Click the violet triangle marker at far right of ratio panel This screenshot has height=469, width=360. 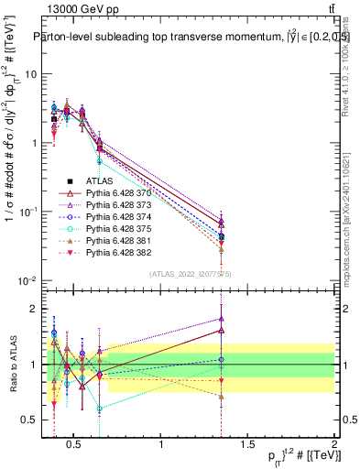[247, 319]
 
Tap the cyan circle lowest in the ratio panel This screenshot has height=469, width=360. [100, 409]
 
